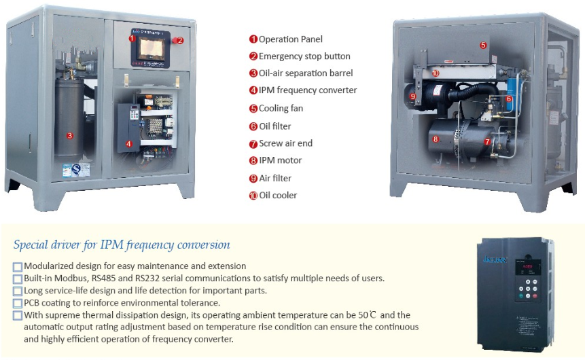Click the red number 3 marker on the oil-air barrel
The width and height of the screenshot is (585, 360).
click(x=70, y=135)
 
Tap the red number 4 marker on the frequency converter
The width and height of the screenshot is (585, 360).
click(x=128, y=143)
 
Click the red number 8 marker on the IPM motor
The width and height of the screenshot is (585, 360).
click(x=436, y=139)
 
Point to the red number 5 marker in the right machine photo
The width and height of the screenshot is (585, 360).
click(x=483, y=46)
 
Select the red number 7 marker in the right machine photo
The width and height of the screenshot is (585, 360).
click(x=487, y=142)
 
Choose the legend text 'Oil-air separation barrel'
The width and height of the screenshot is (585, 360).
click(x=306, y=73)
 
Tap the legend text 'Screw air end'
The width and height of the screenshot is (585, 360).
click(x=285, y=143)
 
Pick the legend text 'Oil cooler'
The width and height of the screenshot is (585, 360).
click(x=278, y=196)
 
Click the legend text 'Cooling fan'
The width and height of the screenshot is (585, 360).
click(x=281, y=109)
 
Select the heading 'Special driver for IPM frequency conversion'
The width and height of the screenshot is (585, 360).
click(x=122, y=245)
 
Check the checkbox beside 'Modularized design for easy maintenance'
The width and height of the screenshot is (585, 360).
click(x=18, y=266)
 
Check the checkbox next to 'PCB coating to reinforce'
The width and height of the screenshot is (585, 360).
click(x=18, y=303)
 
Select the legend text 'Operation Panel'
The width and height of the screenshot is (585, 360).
click(x=291, y=39)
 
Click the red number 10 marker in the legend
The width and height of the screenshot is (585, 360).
click(x=253, y=196)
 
